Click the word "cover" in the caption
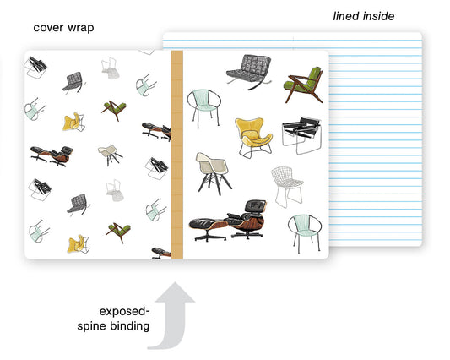point(48,28)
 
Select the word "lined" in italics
point(346,16)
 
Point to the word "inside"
point(379,16)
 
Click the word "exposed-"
point(124,312)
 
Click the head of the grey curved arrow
point(175,292)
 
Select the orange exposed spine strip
point(177,155)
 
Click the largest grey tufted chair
point(249,72)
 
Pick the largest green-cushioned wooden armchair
point(304,85)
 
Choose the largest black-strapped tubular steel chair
point(301,135)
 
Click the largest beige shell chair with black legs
point(213,173)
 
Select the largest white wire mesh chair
point(287,187)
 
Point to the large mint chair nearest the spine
point(204,107)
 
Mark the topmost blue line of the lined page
point(292,41)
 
